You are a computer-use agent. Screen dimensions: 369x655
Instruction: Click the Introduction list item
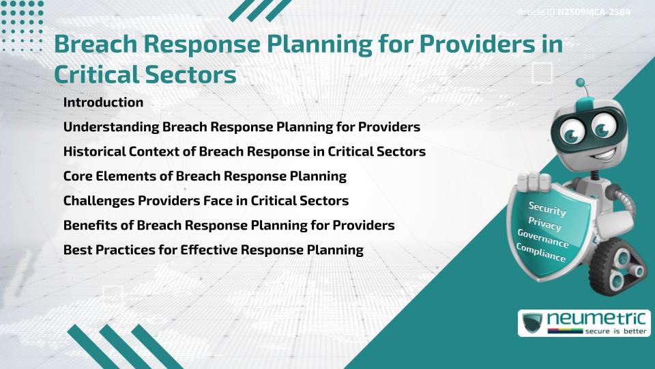pos(103,102)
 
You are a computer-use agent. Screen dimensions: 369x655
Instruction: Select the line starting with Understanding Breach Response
pos(241,127)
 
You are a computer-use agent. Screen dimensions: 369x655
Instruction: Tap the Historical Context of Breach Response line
pos(244,152)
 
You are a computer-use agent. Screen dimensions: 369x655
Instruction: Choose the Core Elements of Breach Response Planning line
pos(205,176)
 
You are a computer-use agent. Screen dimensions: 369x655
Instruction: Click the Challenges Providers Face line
pos(205,201)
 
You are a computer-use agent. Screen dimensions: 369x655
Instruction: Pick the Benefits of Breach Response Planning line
pos(229,225)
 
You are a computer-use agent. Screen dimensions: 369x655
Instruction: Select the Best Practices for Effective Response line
pos(213,250)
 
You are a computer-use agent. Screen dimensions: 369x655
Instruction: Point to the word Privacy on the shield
pos(545,223)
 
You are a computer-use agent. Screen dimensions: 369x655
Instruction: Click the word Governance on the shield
pos(543,238)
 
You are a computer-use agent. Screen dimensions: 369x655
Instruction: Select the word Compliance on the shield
pos(540,254)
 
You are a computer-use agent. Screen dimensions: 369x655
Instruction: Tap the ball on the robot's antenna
pos(581,83)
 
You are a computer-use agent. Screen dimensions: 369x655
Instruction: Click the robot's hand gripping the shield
pos(534,182)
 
